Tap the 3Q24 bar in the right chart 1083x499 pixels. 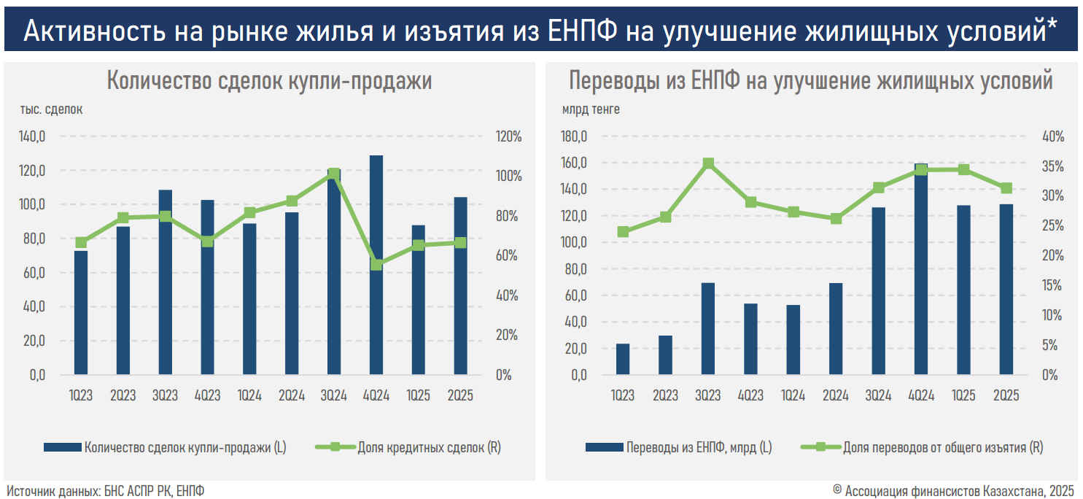(x=879, y=292)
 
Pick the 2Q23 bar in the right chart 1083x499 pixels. (x=665, y=355)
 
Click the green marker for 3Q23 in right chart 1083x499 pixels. (x=707, y=164)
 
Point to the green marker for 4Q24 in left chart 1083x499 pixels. (x=376, y=264)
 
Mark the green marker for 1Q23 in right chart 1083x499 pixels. (x=623, y=232)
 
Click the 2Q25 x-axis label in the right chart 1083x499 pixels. (x=1006, y=396)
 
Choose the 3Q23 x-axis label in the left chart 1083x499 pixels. (x=165, y=396)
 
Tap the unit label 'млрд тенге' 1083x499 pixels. (x=591, y=110)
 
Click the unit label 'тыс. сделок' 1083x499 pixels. (x=51, y=110)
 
